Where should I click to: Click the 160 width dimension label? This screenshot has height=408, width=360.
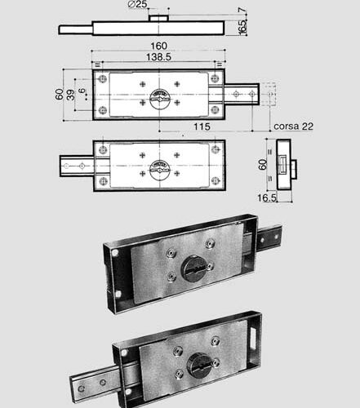[x=159, y=46]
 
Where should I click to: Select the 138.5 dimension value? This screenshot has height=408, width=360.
[x=158, y=57]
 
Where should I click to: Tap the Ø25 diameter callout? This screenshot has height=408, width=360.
[x=137, y=4]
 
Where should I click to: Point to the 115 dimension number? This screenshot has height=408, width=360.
[x=202, y=126]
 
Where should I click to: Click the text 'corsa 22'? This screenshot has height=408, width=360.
[x=293, y=126]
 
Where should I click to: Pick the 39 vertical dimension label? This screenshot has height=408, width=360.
[x=70, y=95]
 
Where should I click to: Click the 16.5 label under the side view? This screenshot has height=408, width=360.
[x=267, y=197]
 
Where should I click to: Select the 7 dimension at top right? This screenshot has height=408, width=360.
[x=242, y=10]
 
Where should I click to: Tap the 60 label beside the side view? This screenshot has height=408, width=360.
[x=263, y=164]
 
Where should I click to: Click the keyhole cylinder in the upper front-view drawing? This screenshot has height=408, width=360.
[x=160, y=99]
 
